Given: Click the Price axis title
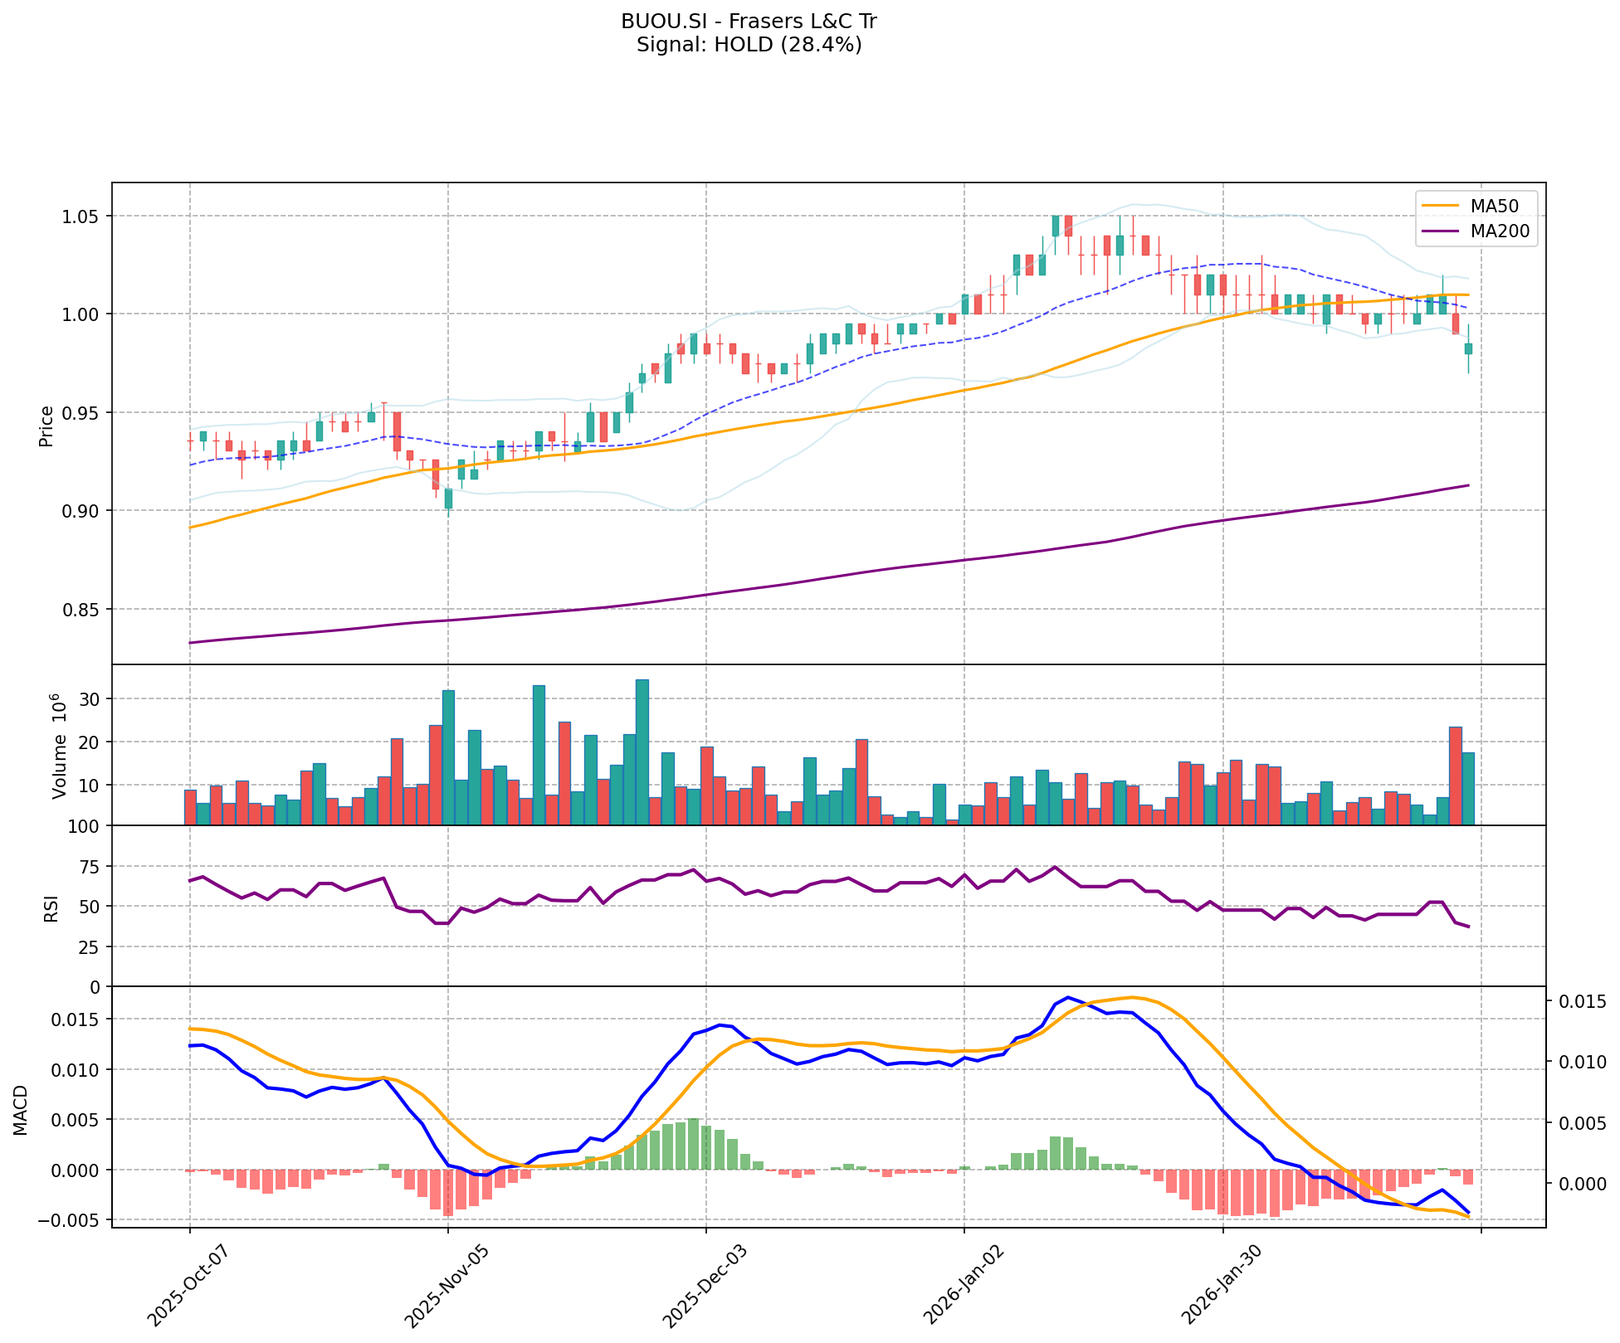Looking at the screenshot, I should point(46,426).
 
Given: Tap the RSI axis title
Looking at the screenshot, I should point(51,907).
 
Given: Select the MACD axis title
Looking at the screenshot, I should point(21,1110).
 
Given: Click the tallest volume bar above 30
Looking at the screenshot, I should point(642,752).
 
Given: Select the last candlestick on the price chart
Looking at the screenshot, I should point(1468,348).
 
